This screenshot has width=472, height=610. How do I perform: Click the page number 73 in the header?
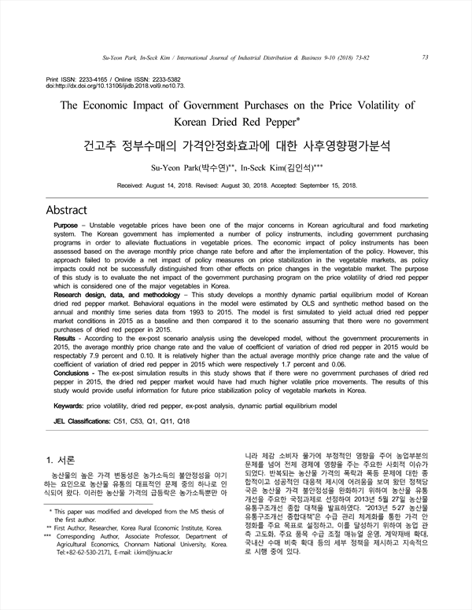(x=425, y=57)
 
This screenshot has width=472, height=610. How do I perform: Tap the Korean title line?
(x=236, y=146)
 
